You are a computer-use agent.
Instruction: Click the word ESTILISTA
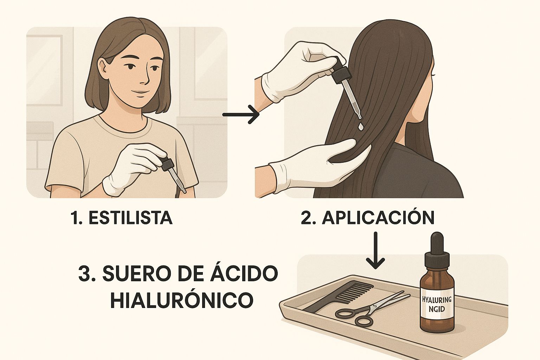pyautogui.click(x=130, y=218)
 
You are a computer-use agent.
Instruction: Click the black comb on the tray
pyautogui.click(x=337, y=297)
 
